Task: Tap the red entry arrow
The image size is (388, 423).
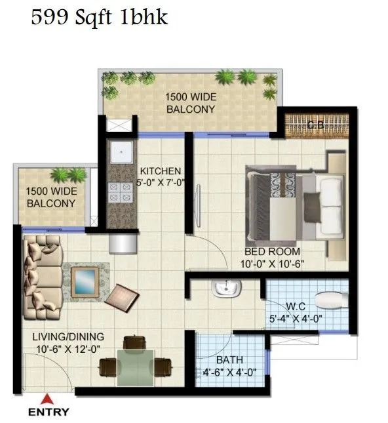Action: click(x=46, y=397)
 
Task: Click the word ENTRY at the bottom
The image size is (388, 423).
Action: click(x=48, y=413)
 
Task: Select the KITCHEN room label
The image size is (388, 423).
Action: click(x=160, y=171)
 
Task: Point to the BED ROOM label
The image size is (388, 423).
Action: click(x=272, y=252)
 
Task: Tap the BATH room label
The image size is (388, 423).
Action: click(x=229, y=360)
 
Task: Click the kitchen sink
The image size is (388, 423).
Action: click(x=120, y=153)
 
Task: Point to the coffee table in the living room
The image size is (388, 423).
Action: click(x=86, y=281)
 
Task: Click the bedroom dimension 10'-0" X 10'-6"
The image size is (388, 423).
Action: click(x=272, y=264)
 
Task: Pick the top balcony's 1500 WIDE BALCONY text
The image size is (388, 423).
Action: click(x=190, y=104)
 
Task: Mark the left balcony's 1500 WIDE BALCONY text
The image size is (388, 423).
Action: click(x=50, y=197)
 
